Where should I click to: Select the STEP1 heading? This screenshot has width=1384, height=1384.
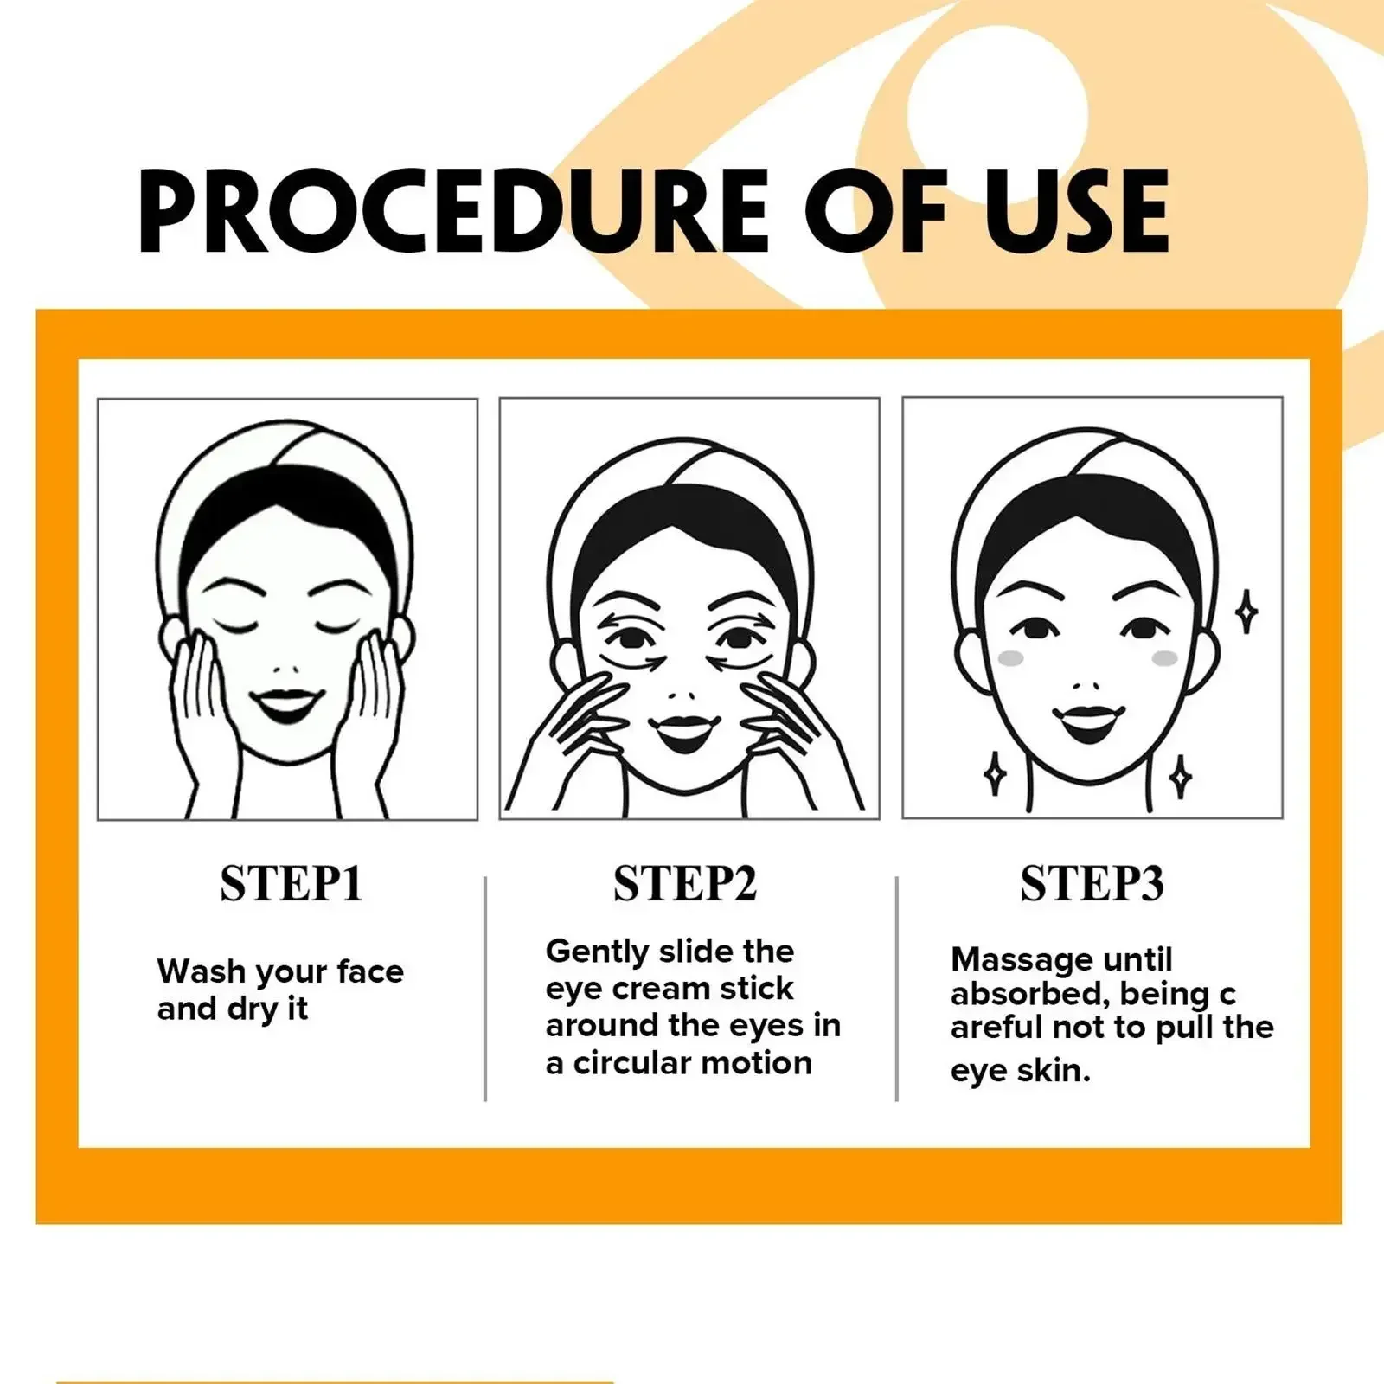[x=291, y=883]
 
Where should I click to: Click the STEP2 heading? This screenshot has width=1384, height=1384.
[x=685, y=883]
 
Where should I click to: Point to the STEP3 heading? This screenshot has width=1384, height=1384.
[x=1092, y=883]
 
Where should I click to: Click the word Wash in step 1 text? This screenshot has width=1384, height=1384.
[x=201, y=971]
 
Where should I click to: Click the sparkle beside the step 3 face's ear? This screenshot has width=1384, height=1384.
[x=1246, y=612]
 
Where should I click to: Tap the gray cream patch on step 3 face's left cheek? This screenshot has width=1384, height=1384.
[x=1010, y=658]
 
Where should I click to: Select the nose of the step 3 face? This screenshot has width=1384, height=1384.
[x=1086, y=687]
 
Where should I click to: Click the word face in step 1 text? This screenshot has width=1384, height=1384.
[x=370, y=971]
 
